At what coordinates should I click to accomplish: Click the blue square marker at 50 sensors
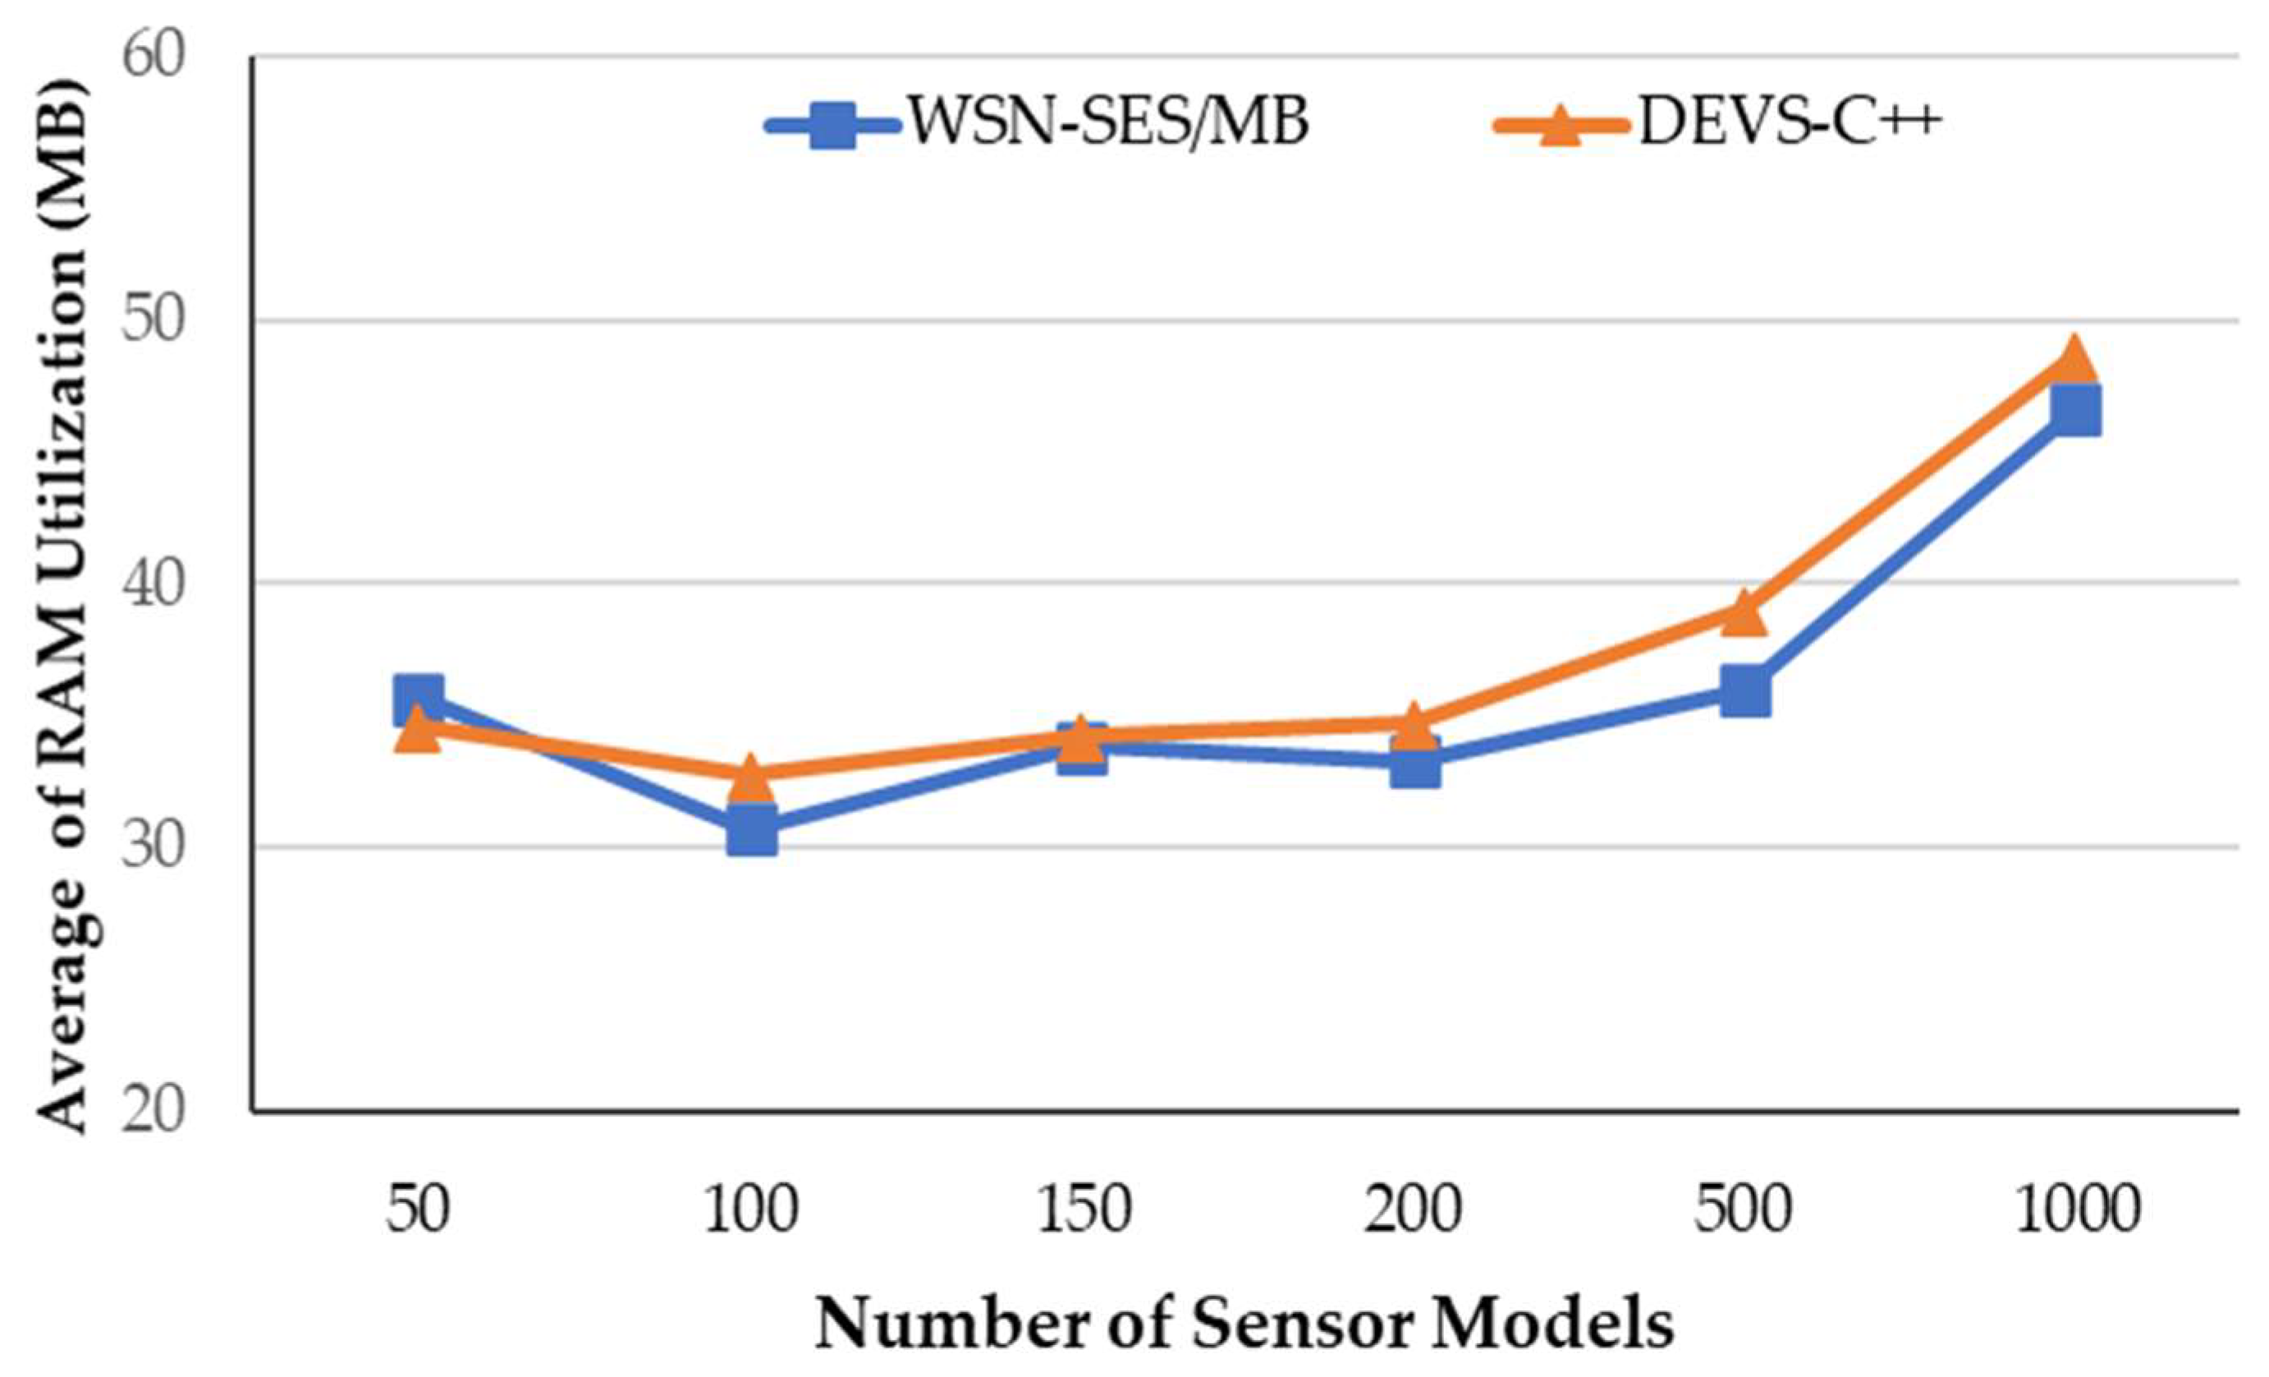click(x=418, y=700)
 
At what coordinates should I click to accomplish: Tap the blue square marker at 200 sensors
click(x=1414, y=764)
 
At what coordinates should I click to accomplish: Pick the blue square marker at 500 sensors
click(x=1744, y=693)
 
